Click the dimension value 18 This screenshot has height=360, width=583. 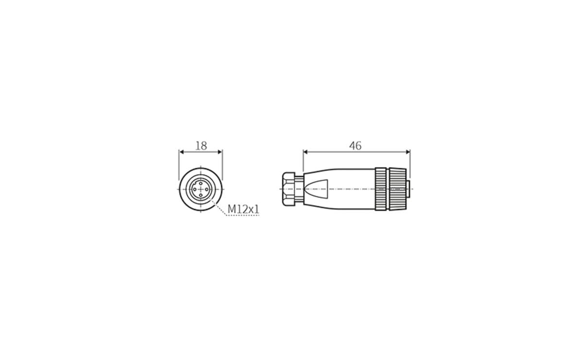coord(201,145)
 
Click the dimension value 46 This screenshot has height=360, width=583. coord(355,145)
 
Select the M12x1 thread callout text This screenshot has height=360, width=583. coord(244,209)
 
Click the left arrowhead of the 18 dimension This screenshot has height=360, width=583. coord(182,152)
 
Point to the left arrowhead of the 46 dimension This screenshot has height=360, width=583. coord(306,152)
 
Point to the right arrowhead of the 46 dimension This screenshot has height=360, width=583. coord(408,152)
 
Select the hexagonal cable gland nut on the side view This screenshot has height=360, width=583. coord(288,189)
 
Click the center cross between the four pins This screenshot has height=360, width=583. coord(201,189)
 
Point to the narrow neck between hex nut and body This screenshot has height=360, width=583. coord(299,189)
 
